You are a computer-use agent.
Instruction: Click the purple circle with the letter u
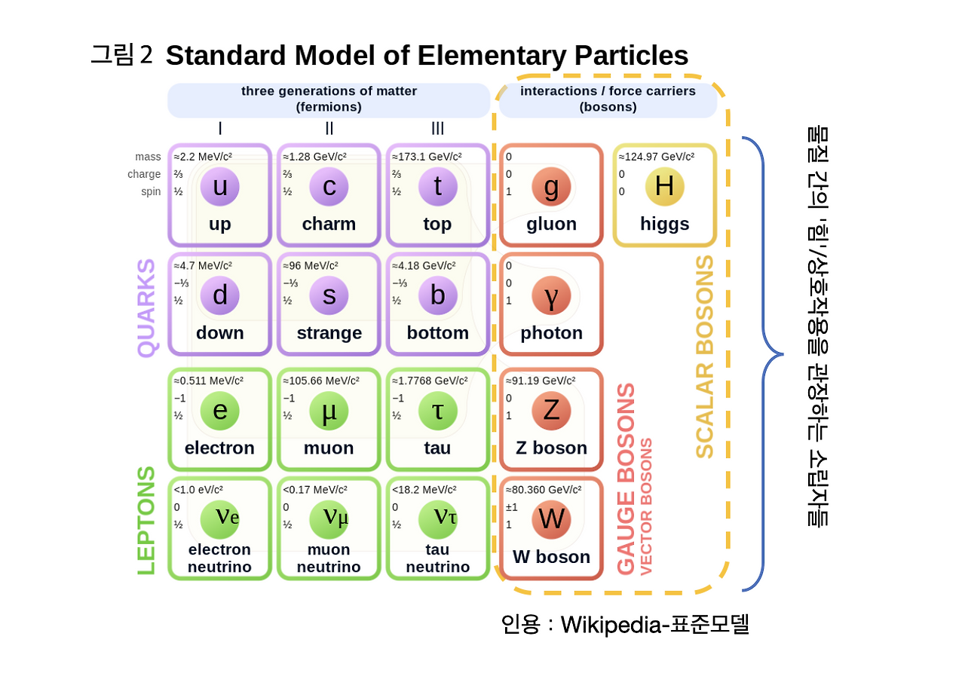coord(219,186)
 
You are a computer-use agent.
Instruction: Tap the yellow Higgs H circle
coord(664,186)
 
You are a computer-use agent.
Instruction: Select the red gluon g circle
coord(551,186)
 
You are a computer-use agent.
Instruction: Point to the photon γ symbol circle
coord(551,295)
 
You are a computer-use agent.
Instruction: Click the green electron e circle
coord(219,411)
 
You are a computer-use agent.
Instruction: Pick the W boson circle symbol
coord(551,519)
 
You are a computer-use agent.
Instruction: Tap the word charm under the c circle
coord(329,224)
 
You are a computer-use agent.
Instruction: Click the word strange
coord(329,333)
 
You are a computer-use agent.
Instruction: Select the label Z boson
coord(551,448)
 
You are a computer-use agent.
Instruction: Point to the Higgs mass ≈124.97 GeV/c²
coord(657,157)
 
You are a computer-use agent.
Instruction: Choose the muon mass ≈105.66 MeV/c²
coord(321,381)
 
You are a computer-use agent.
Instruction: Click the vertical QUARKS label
coord(146,307)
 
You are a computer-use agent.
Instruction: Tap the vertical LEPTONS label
coord(146,520)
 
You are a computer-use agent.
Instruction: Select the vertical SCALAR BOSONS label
coord(704,356)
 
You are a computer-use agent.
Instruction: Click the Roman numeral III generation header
coord(437,129)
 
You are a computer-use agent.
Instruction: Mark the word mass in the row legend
coord(148,157)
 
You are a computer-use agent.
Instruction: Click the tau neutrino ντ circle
coord(437,519)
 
